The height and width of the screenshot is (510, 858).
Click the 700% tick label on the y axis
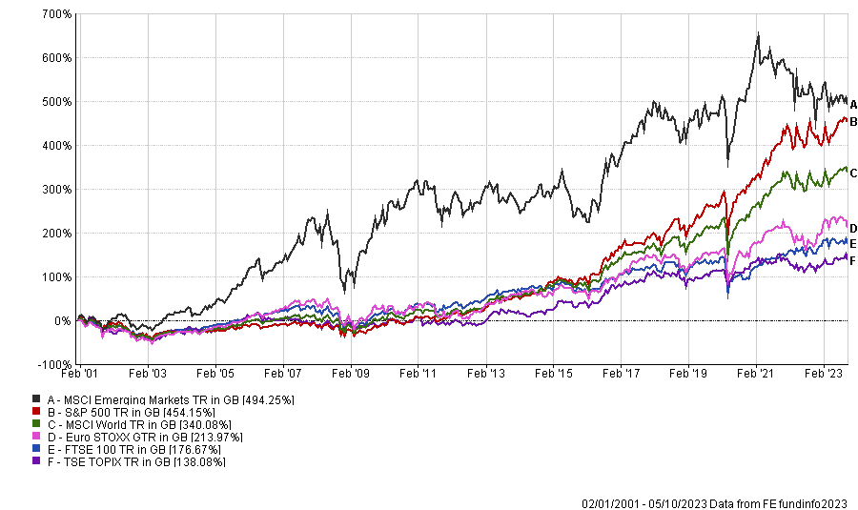tap(55, 13)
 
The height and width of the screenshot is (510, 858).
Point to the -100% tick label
tap(52, 365)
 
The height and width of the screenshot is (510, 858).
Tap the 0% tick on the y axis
tap(62, 321)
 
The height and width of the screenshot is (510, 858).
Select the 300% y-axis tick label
tap(55, 190)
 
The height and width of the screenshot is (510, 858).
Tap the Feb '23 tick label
tap(824, 377)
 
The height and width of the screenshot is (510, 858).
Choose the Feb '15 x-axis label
tap(553, 377)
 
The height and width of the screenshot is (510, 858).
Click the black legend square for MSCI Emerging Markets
tap(36, 398)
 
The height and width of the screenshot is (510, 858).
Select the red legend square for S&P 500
tap(36, 411)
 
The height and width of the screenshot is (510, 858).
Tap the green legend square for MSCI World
tap(36, 423)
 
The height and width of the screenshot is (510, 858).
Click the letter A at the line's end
tap(854, 104)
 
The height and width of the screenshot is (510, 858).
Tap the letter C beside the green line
tap(854, 173)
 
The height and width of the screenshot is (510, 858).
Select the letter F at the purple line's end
tap(854, 260)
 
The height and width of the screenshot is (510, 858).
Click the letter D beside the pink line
tap(854, 228)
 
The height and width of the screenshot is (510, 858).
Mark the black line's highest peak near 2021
tap(758, 34)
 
